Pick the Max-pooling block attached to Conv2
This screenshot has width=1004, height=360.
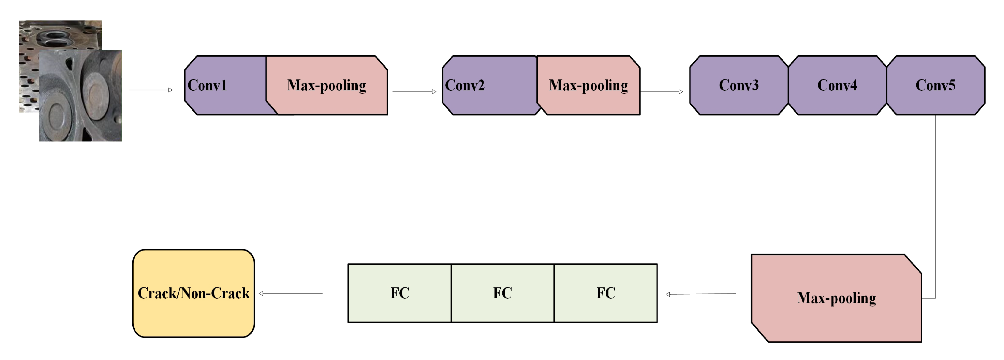tap(589, 85)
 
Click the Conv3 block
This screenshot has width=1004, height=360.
tap(739, 85)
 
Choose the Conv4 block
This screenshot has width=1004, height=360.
tap(837, 85)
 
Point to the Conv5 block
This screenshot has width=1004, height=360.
tap(935, 85)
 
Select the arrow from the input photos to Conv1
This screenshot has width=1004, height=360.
tap(150, 90)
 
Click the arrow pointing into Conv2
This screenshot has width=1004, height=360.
tap(414, 92)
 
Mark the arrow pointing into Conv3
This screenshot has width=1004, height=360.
tap(661, 92)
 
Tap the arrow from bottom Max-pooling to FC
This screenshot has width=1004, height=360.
tap(701, 294)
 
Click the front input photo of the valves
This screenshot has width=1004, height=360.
tap(80, 96)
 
